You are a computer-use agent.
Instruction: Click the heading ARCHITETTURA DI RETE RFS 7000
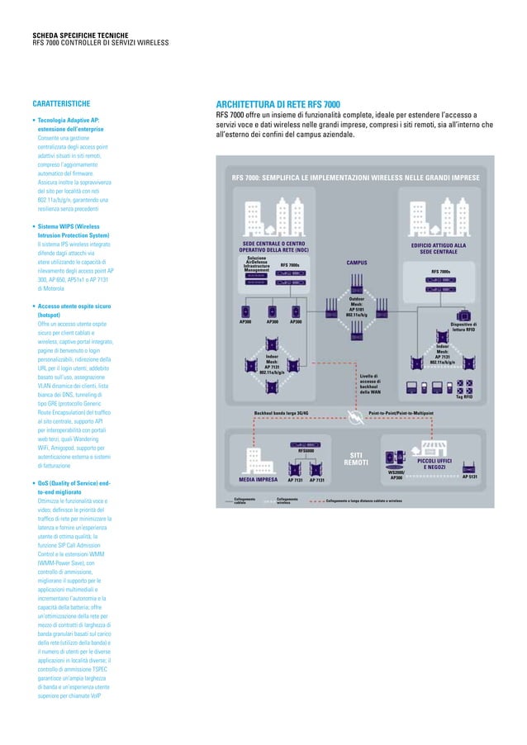tap(278, 104)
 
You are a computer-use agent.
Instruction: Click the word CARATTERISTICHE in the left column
tap(61, 104)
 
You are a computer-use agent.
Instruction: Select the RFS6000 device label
tap(306, 450)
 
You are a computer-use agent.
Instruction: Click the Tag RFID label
tap(464, 396)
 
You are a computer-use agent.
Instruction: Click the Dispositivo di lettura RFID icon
tap(464, 315)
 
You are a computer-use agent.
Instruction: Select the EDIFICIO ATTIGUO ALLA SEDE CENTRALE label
tap(439, 248)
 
